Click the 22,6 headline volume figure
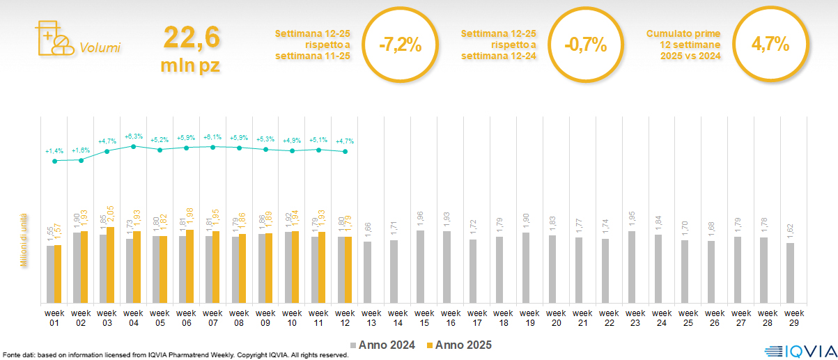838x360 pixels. coord(192,38)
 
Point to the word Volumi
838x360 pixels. coord(100,48)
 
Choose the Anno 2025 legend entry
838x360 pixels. coord(458,345)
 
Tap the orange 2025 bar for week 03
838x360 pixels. coord(110,265)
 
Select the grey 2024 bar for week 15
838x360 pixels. coord(420,267)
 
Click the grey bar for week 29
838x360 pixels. coord(790,273)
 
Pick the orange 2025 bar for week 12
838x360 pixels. coord(348,270)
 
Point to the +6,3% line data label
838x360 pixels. coord(134,136)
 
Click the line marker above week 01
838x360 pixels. coord(55,161)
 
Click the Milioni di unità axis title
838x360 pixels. coord(23,240)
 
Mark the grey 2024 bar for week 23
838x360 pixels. coord(631,267)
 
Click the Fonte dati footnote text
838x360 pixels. coord(175,355)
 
